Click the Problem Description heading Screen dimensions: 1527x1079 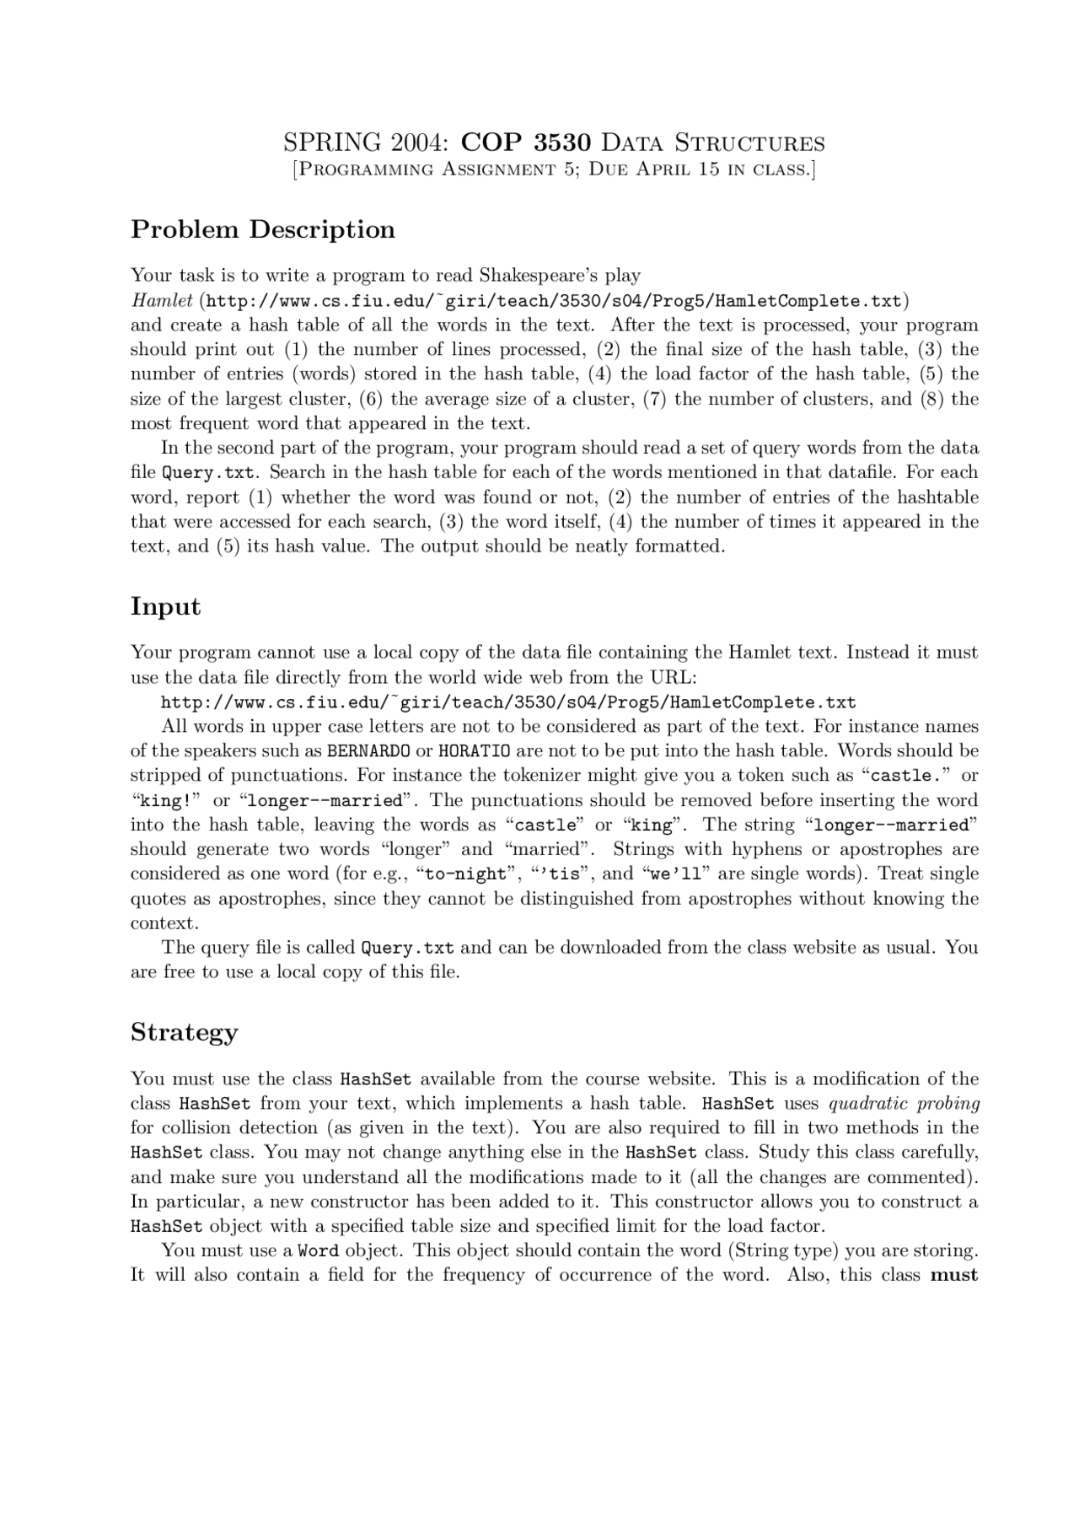pyautogui.click(x=263, y=229)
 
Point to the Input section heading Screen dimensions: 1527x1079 pyautogui.click(x=165, y=607)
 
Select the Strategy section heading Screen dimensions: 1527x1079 pyautogui.click(x=184, y=1033)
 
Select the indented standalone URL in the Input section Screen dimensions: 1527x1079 pyautogui.click(x=508, y=702)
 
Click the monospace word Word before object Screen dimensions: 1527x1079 pyautogui.click(x=319, y=1250)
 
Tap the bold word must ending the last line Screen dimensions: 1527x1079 pyautogui.click(x=954, y=1275)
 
